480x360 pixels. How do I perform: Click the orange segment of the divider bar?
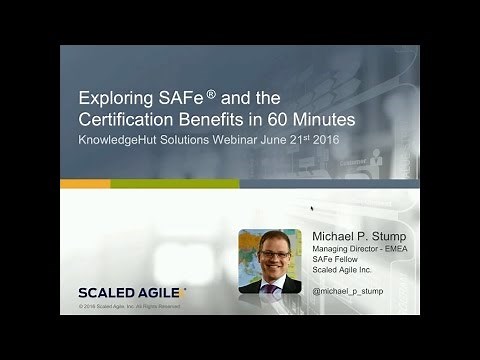coord(85,184)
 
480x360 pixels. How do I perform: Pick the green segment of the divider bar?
coord(175,184)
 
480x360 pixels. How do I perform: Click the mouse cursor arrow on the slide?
coord(312,209)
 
